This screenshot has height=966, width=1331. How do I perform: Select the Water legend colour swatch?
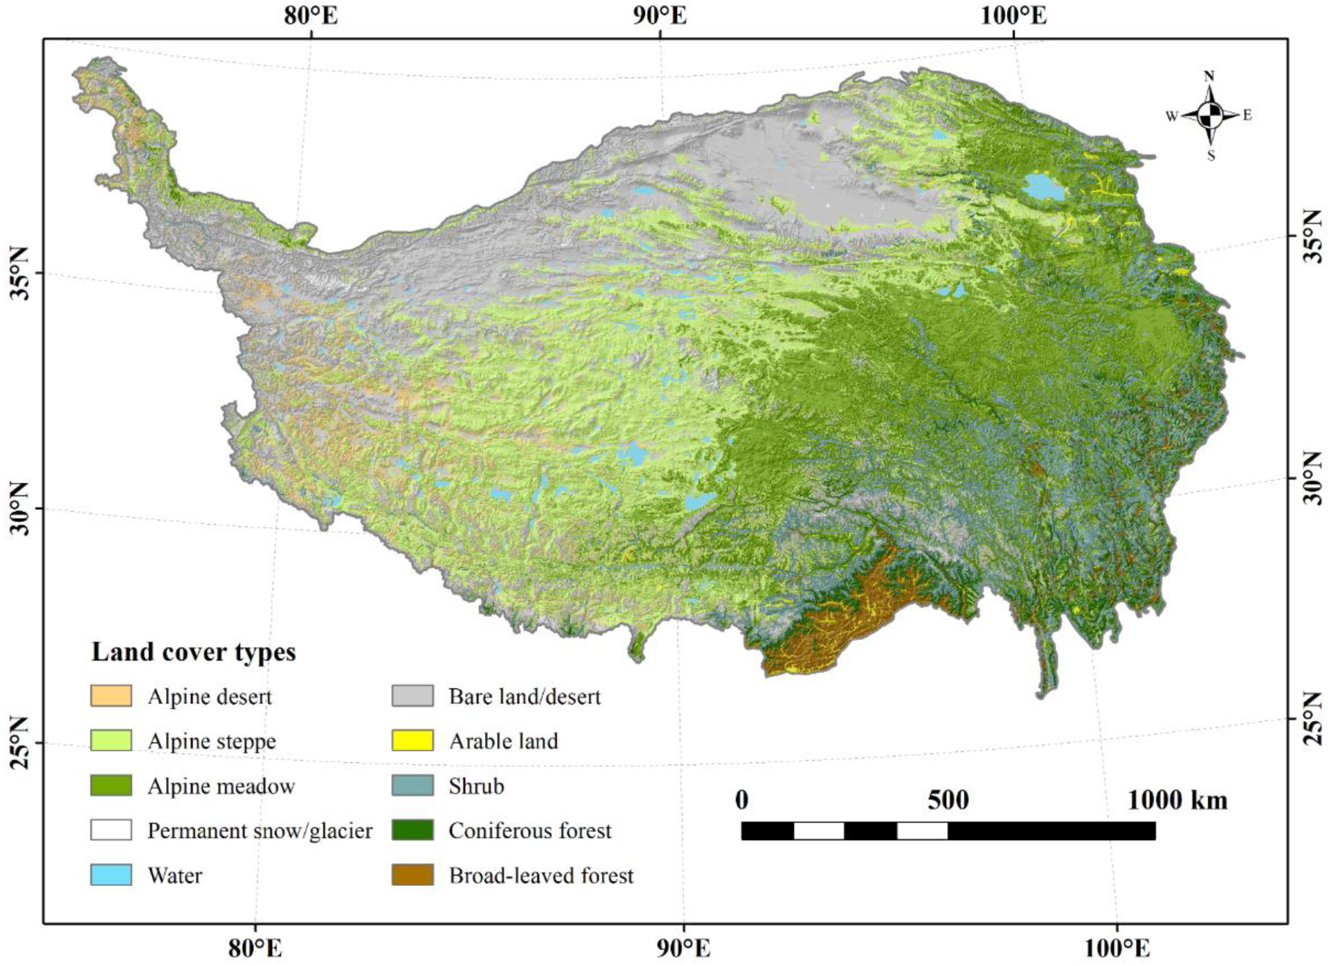coord(111,875)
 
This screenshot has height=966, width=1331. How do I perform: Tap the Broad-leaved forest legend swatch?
coord(413,875)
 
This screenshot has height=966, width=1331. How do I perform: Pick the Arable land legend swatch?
coord(413,741)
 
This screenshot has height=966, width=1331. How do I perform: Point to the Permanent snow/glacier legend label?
coord(260,831)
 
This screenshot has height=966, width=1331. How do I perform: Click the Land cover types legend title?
coord(193,651)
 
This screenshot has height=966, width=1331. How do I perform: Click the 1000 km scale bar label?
coord(1177,800)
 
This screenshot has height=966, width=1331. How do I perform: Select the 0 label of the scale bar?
coord(742,800)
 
